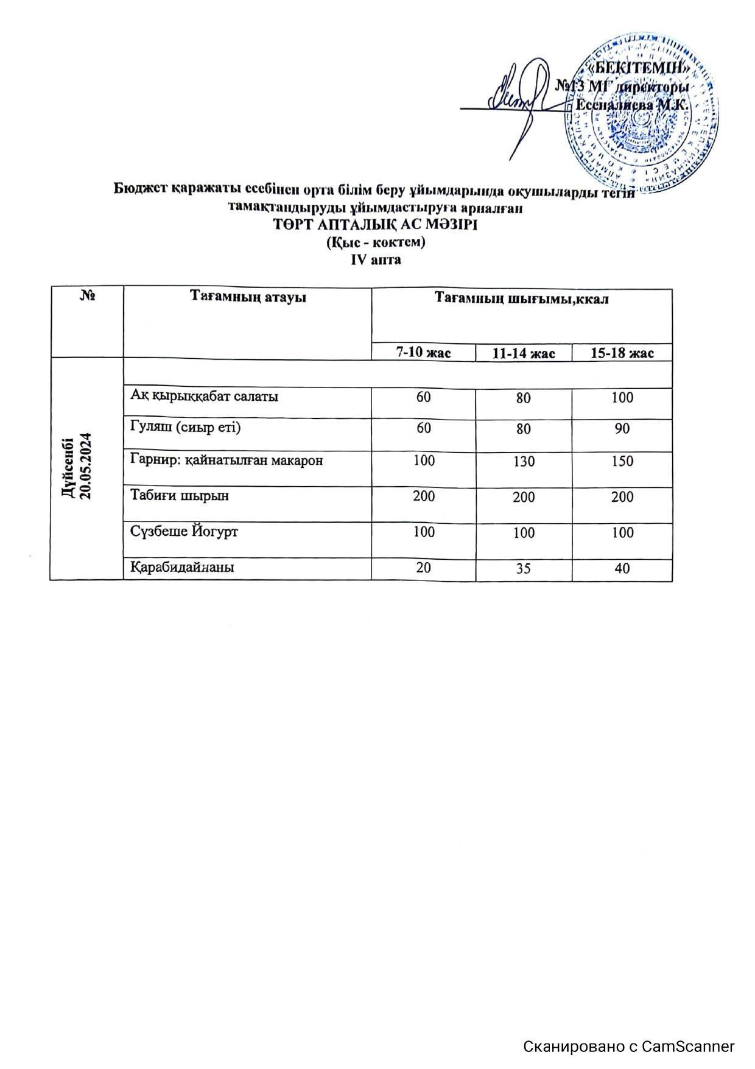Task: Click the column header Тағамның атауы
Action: tap(247, 298)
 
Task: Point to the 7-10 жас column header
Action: tap(423, 352)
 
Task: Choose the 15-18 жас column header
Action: tap(622, 353)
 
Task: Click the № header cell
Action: tap(87, 297)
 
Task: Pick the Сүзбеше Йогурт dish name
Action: tap(184, 531)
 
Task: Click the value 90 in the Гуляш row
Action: tap(622, 429)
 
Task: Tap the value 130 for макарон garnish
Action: tap(523, 462)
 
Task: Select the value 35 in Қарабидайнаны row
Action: tap(523, 569)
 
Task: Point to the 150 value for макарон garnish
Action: tap(622, 462)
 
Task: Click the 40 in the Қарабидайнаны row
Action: tap(622, 569)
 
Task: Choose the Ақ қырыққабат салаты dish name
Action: tap(204, 396)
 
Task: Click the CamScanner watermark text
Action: tap(629, 1046)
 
